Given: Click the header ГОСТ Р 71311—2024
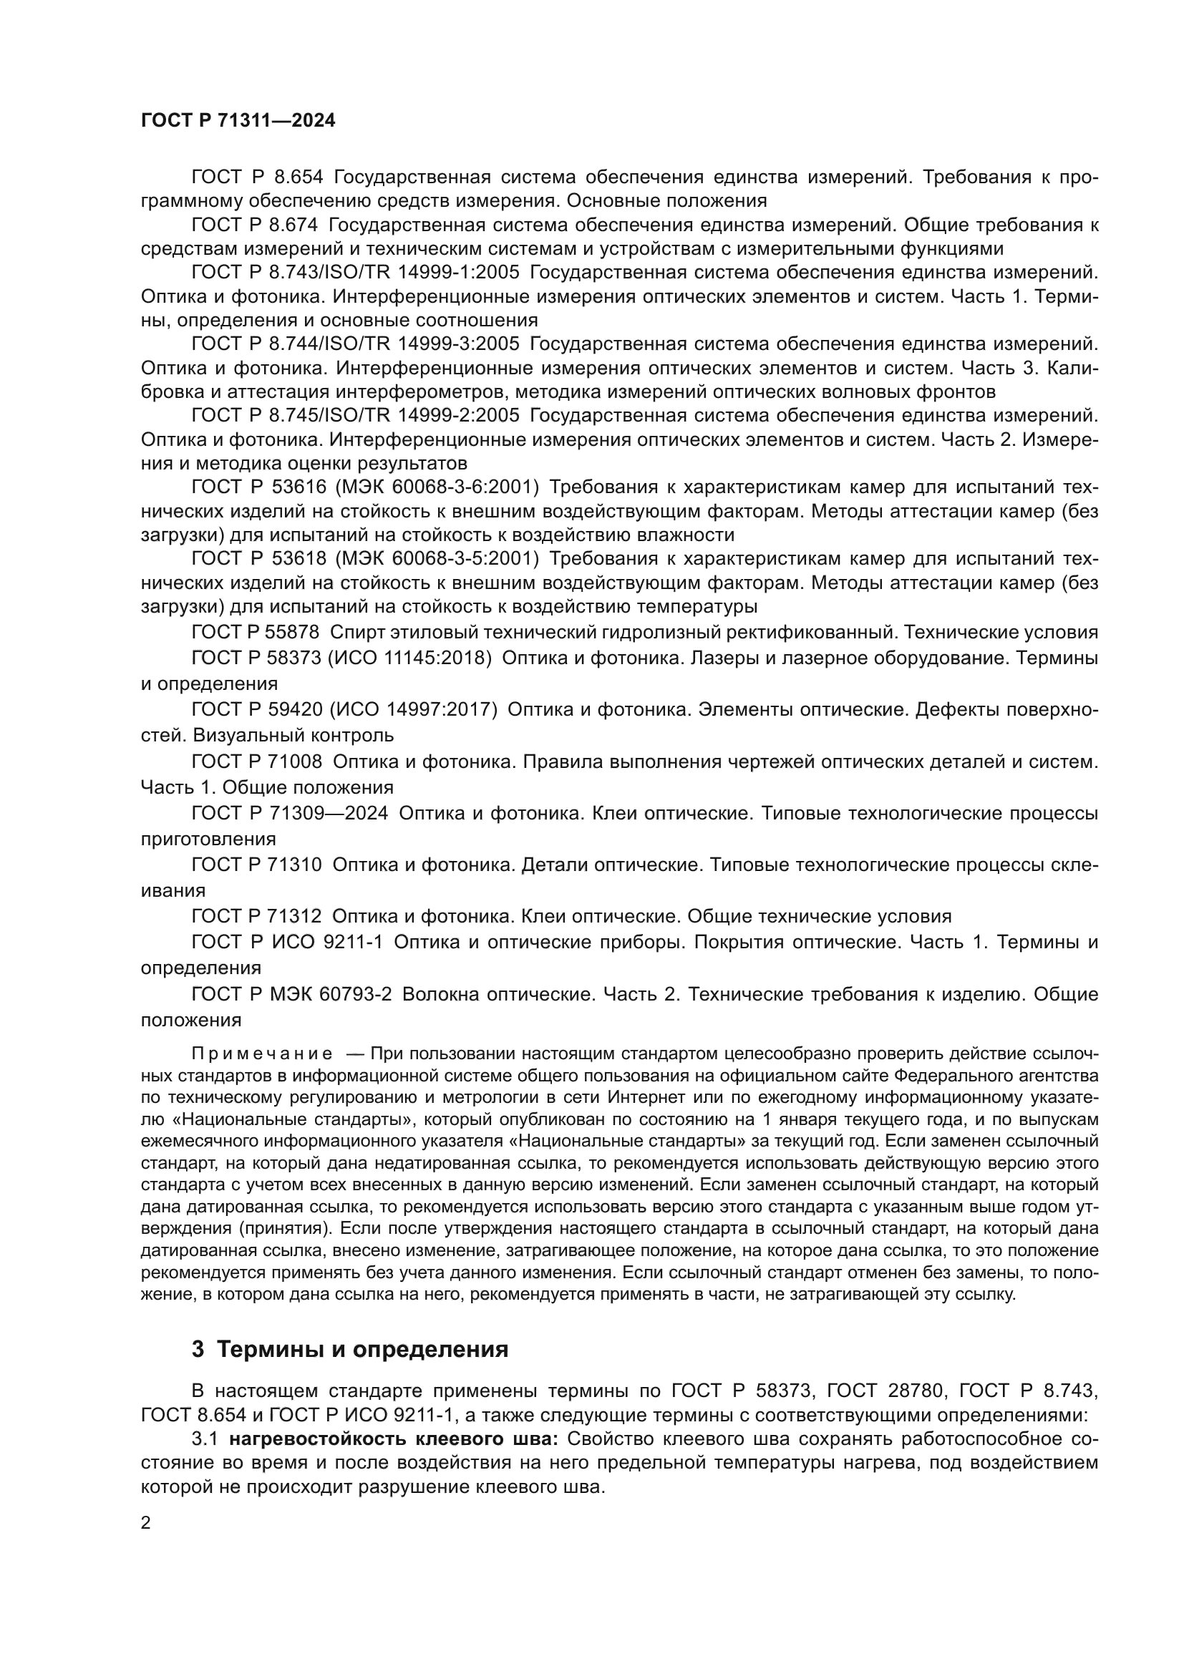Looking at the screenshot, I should pos(238,121).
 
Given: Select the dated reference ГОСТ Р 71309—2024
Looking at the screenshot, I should pos(289,813).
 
